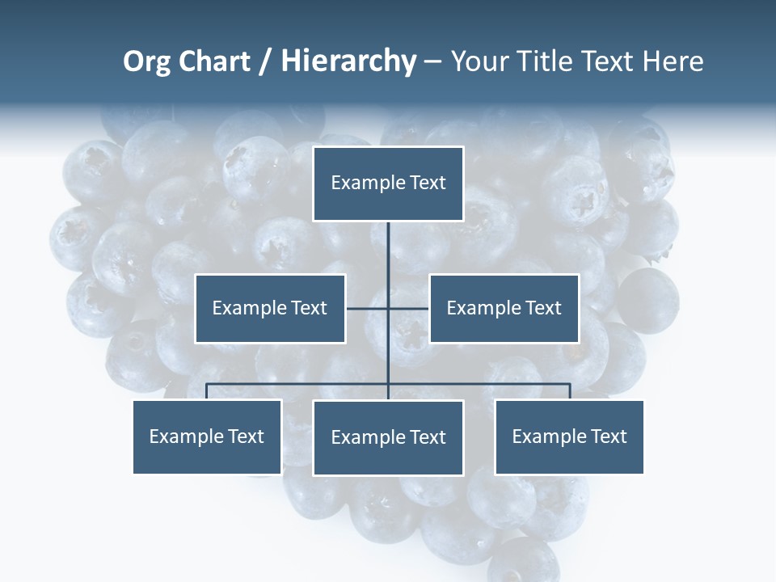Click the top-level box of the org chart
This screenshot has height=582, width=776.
pos(388,183)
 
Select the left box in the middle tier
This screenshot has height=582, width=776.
pos(270,308)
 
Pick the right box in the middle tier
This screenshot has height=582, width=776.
pos(504,308)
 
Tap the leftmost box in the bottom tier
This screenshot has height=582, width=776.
pos(207,436)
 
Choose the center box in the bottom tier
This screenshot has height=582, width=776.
pos(388,437)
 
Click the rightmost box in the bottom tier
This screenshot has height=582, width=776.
pos(569,436)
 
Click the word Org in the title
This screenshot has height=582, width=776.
pos(147,61)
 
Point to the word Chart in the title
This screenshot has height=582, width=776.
pos(214,61)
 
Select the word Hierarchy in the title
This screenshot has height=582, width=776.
pos(348,61)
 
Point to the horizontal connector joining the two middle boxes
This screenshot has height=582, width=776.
pos(368,308)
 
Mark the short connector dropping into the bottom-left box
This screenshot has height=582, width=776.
pos(207,392)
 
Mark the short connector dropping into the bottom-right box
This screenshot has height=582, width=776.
pos(570,392)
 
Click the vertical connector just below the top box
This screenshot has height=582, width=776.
pos(388,242)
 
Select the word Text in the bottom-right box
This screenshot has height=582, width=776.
pos(609,436)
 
